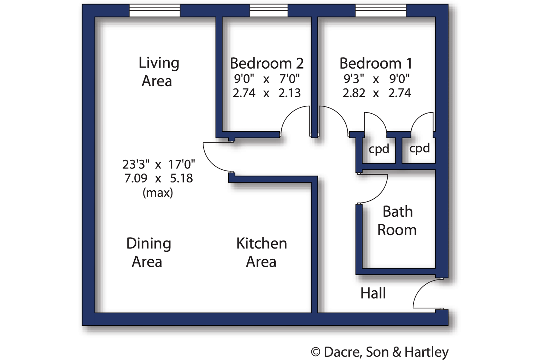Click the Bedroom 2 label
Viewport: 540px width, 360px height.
click(267, 64)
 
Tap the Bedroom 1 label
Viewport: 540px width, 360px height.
click(376, 64)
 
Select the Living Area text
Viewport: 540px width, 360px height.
click(159, 72)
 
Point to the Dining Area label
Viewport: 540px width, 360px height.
click(149, 253)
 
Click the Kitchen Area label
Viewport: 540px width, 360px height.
click(262, 253)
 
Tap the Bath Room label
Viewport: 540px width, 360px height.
click(397, 221)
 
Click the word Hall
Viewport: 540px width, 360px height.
click(373, 293)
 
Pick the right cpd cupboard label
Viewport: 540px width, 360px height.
click(419, 148)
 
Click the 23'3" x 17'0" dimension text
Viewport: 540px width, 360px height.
click(158, 165)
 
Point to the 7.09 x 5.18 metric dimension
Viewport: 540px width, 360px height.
click(158, 178)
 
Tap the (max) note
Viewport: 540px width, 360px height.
click(158, 193)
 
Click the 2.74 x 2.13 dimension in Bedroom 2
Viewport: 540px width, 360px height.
click(267, 93)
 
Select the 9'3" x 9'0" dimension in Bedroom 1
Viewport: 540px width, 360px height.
click(377, 79)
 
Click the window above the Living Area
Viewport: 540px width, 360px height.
click(155, 11)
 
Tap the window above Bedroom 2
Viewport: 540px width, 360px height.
click(269, 11)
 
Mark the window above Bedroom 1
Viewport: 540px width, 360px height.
click(380, 11)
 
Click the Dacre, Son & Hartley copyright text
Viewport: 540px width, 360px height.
click(380, 352)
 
